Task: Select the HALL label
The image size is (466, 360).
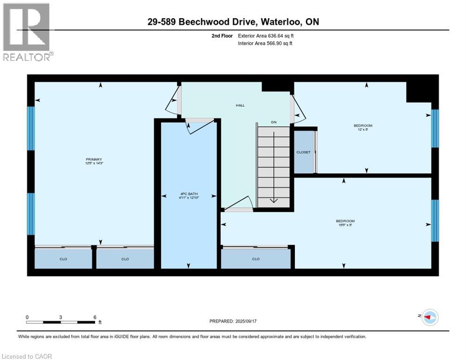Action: [x=240, y=105]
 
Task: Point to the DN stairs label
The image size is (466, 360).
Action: [x=274, y=122]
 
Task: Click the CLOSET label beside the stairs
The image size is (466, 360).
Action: [x=303, y=152]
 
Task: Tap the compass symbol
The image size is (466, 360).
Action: [x=429, y=317]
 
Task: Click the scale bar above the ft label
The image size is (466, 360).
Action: [x=61, y=322]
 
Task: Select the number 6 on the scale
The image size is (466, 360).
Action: [x=95, y=317]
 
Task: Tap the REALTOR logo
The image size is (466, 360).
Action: [x=27, y=32]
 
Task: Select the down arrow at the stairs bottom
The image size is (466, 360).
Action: [x=274, y=200]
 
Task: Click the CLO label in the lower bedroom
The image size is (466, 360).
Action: [x=256, y=259]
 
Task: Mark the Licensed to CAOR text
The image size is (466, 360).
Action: [x=27, y=356]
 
